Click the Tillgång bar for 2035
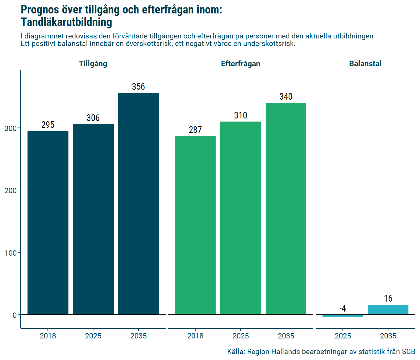[138, 203]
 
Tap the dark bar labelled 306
[93, 219]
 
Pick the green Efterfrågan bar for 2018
[195, 225]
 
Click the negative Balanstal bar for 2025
[343, 316]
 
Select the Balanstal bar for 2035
[388, 310]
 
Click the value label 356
[138, 87]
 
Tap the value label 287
[195, 130]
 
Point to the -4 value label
[343, 308]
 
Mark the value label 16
[388, 298]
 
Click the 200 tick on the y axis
[11, 190]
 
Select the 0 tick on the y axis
[15, 315]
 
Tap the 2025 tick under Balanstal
[343, 336]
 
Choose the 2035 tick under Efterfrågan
[286, 336]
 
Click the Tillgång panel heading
[93, 64]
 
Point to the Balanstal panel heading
[365, 64]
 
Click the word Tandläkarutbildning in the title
[67, 22]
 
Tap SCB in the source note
[408, 352]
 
